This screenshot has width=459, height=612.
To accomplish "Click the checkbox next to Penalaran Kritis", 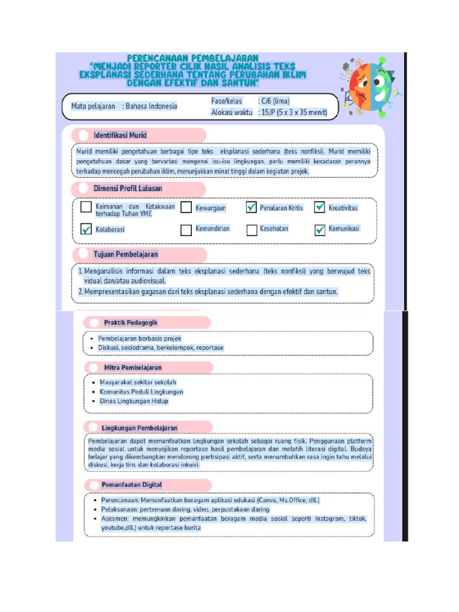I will [251, 208].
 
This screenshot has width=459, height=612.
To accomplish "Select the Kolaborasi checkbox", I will [86, 229].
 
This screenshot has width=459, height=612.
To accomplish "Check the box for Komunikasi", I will [320, 230].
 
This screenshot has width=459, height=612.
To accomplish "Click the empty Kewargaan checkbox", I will [186, 208].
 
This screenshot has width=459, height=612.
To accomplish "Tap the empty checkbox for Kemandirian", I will [186, 229].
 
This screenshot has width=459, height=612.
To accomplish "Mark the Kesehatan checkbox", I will [251, 230].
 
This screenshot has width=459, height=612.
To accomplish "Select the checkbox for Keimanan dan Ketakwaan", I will [86, 208].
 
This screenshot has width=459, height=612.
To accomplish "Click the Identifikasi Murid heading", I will [120, 135].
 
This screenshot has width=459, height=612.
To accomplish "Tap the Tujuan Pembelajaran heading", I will [126, 254].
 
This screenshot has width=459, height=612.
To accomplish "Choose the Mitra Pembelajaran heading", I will [133, 367].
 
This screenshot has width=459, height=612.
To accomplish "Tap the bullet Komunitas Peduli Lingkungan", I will [141, 391].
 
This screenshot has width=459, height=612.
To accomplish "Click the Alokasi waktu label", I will [231, 112].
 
